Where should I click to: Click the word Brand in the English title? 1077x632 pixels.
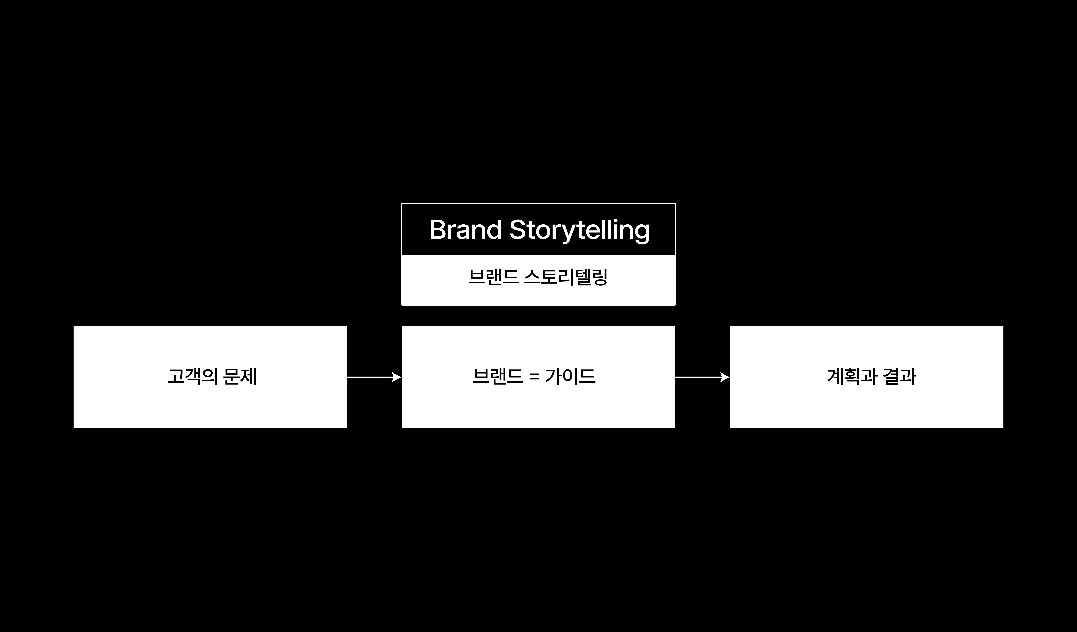pyautogui.click(x=465, y=230)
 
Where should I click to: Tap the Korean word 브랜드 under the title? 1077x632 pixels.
pyautogui.click(x=494, y=277)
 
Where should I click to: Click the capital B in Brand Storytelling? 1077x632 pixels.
pyautogui.click(x=438, y=230)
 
